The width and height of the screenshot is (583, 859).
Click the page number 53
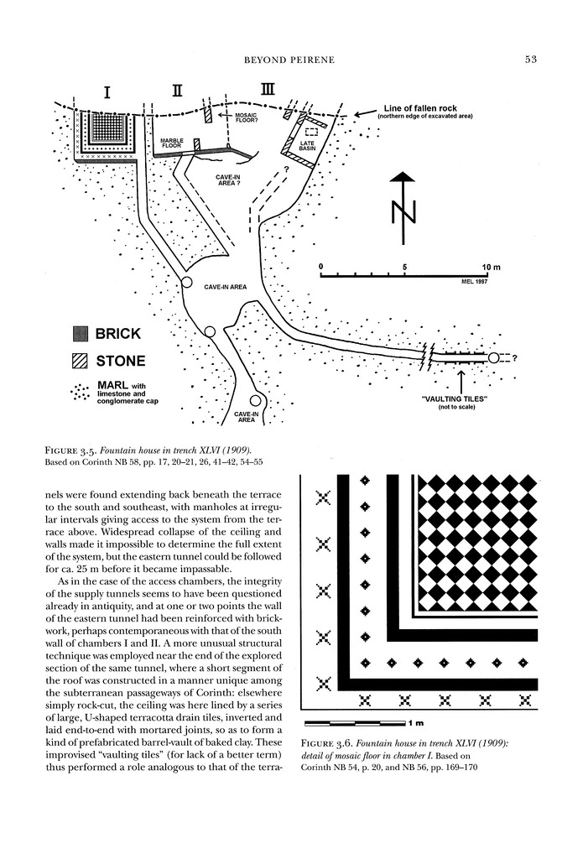(530, 59)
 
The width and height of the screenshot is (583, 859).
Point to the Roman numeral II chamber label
(178, 91)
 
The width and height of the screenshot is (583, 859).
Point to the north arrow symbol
(403, 206)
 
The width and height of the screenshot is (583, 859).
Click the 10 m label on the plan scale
(491, 267)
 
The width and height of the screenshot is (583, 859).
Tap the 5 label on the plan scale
(404, 267)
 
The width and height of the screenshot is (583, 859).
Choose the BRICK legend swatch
(81, 333)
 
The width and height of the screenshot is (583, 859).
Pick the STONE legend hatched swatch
(81, 362)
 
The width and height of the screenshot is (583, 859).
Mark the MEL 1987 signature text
(475, 281)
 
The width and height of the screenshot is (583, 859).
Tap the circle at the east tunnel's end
(494, 358)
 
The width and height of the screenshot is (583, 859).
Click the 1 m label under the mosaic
(418, 722)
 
